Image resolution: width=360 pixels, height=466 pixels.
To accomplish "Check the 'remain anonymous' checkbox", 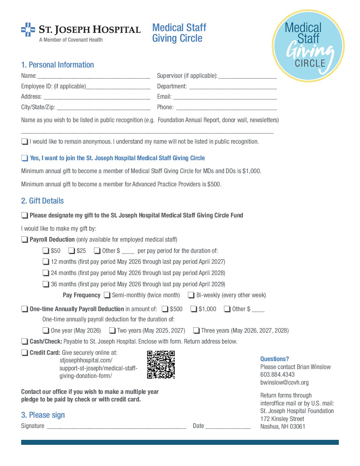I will tap(24, 142).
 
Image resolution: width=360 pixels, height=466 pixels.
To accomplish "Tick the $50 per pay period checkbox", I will tap(46, 251).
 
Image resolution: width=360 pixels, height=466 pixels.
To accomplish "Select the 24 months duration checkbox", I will tap(46, 273).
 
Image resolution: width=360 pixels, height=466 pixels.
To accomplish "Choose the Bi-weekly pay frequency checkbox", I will tap(191, 295).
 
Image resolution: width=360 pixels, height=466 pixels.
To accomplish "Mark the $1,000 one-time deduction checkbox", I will tap(194, 309).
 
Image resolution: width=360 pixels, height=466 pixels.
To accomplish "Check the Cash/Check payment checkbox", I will tap(24, 342).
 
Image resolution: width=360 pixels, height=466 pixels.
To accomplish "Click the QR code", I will tap(161, 365).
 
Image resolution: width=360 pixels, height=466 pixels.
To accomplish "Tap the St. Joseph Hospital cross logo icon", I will tap(28, 30).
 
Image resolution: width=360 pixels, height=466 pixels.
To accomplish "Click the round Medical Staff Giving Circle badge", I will tap(308, 46).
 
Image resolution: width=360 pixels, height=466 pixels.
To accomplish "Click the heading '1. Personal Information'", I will tap(58, 65).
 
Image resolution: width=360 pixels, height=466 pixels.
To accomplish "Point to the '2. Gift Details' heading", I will tap(42, 201).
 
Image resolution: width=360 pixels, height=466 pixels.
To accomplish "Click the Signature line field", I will tap(116, 426).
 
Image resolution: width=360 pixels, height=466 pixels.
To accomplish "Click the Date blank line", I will tap(228, 426).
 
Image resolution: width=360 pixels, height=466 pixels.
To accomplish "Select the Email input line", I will tap(225, 97).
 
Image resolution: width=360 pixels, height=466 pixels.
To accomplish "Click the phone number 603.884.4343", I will tap(277, 375).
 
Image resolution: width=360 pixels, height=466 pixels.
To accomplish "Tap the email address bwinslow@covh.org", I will tap(284, 383).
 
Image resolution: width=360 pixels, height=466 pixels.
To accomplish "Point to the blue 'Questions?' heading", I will tap(274, 359).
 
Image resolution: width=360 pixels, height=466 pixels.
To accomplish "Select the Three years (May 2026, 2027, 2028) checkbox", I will tap(196, 331).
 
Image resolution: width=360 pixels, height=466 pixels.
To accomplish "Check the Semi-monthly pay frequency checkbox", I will tap(107, 295).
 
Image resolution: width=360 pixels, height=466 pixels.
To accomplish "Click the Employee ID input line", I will tap(118, 87).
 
